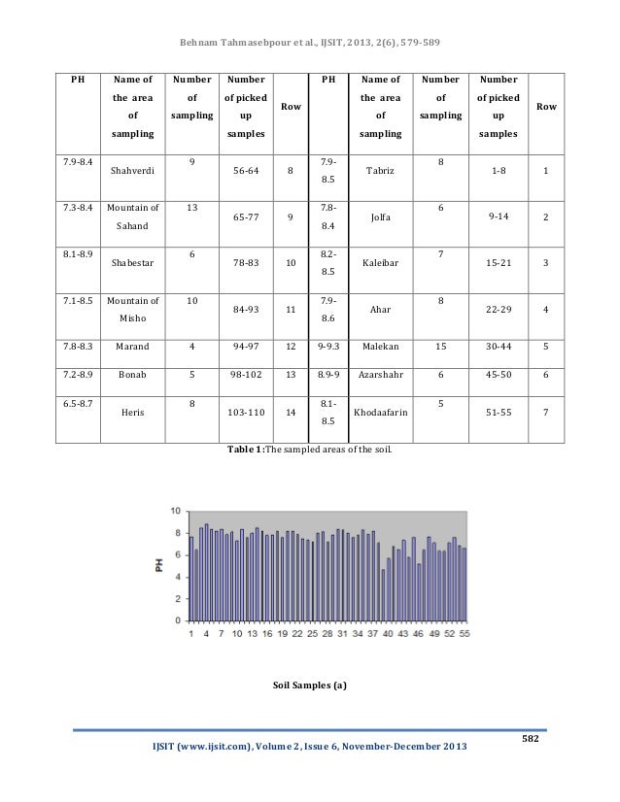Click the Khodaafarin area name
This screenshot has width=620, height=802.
[x=380, y=411]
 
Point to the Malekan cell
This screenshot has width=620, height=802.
[x=380, y=343]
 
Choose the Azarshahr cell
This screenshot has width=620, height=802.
[x=380, y=373]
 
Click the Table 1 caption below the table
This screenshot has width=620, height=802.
[x=309, y=451]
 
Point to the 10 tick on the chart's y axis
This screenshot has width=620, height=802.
[x=175, y=511]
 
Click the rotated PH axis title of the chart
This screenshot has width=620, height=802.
[x=161, y=564]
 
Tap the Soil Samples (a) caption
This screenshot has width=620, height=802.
[x=309, y=685]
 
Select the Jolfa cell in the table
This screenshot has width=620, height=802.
[x=380, y=217]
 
